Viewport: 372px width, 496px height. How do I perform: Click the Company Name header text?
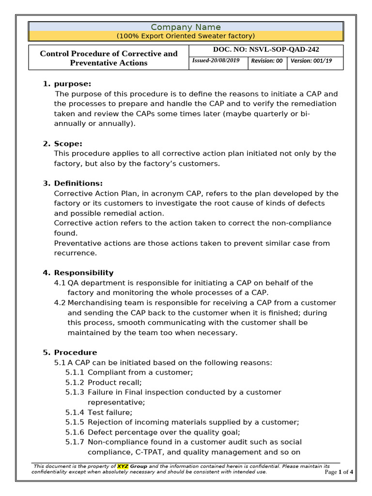(186, 27)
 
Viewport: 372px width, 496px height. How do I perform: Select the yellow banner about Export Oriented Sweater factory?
(186, 36)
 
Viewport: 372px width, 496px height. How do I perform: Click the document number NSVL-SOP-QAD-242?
(266, 49)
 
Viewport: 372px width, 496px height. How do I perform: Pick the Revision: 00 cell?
(267, 61)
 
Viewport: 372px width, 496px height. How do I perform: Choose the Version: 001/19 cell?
(311, 61)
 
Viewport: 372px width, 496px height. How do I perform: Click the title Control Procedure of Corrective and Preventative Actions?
(108, 58)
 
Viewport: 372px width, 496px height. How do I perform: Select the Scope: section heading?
(68, 143)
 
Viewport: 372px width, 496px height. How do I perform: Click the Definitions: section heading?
(78, 183)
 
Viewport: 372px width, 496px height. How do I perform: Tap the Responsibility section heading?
(83, 273)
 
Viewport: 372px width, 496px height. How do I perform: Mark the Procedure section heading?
(76, 352)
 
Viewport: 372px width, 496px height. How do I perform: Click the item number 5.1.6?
(75, 432)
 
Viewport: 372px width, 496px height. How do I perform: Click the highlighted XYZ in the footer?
(123, 466)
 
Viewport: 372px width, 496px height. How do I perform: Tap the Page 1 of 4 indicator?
(339, 472)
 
